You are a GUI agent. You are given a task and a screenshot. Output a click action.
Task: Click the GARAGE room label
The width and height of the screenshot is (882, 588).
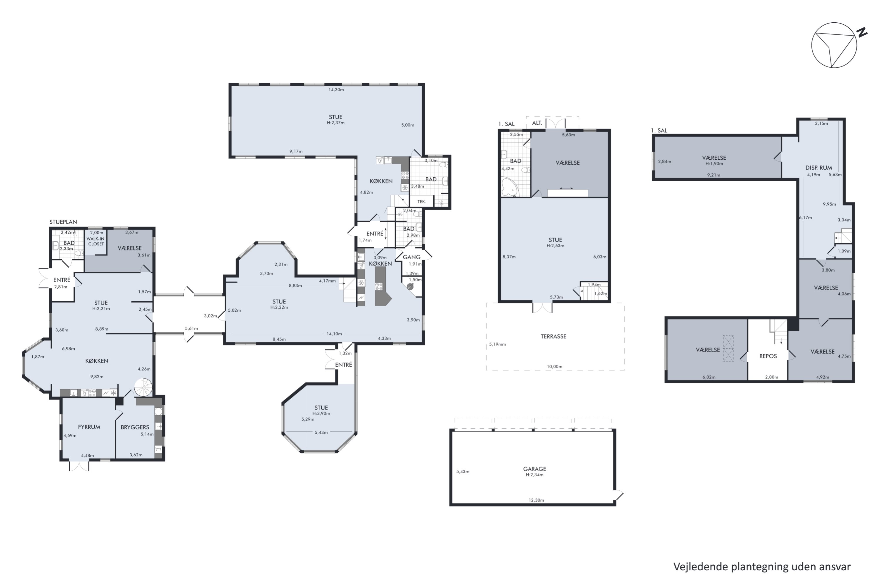(534, 469)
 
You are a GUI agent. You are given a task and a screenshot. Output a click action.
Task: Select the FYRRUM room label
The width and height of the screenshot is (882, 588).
(89, 427)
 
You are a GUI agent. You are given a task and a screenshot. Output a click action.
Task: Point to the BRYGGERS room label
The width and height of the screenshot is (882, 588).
(135, 427)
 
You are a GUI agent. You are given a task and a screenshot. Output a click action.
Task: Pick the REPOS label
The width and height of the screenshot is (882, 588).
(768, 356)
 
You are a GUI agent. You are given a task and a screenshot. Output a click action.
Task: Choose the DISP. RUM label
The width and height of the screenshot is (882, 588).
(818, 168)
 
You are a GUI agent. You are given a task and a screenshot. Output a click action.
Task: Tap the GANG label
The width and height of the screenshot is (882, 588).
(411, 257)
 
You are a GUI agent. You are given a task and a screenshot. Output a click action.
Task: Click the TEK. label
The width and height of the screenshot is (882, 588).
(422, 201)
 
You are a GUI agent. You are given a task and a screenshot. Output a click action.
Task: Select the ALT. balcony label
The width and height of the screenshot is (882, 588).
(537, 123)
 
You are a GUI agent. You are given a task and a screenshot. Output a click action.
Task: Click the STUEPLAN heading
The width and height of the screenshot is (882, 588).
(63, 222)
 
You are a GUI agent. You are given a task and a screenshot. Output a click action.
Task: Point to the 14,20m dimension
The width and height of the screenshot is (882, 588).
(336, 90)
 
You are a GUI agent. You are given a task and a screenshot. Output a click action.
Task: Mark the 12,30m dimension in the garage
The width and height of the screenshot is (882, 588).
(536, 500)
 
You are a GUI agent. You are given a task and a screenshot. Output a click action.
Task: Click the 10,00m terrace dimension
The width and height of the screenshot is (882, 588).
(554, 366)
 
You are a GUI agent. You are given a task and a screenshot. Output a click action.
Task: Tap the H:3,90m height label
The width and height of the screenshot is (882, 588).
(321, 413)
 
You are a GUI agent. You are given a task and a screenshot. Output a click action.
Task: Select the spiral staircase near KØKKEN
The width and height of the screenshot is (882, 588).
(144, 387)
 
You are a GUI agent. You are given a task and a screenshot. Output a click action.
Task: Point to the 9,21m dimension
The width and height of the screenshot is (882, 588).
(714, 175)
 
